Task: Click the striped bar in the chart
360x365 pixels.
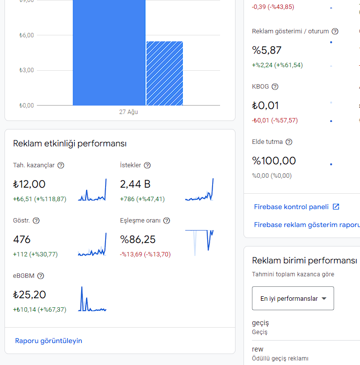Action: point(164,73)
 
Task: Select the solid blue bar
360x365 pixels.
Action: point(109,53)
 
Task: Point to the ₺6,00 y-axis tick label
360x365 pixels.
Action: point(26,35)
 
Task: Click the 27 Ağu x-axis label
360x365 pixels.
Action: point(128,112)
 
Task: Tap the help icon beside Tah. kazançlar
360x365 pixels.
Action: point(61,165)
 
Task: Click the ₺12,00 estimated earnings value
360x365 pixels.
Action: point(29,184)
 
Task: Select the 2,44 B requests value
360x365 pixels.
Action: point(135,184)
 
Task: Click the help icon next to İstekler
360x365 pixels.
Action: point(147,165)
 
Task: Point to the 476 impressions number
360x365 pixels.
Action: point(21,240)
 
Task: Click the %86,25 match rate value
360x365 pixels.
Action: point(138,240)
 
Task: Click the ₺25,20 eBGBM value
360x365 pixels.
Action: point(29,295)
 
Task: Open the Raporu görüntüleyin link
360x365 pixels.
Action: point(48,341)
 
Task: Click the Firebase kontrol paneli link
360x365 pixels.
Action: point(291,207)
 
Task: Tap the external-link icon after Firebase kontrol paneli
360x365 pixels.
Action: point(336,207)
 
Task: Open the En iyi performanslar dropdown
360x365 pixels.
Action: point(293,298)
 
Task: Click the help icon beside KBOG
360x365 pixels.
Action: point(275,87)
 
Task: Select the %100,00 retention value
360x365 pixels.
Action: point(274,161)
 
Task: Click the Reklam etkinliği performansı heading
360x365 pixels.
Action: point(70,143)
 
